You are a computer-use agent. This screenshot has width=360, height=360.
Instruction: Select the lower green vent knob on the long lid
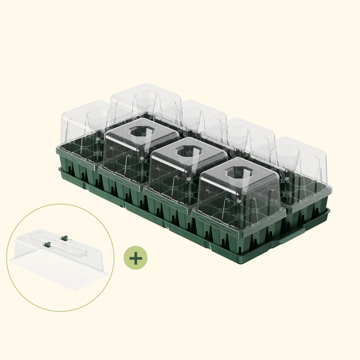click(x=47, y=244)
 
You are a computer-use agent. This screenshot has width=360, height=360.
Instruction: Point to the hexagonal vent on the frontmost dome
click(x=239, y=172)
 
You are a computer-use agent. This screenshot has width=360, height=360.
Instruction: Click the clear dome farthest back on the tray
click(x=146, y=100)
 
